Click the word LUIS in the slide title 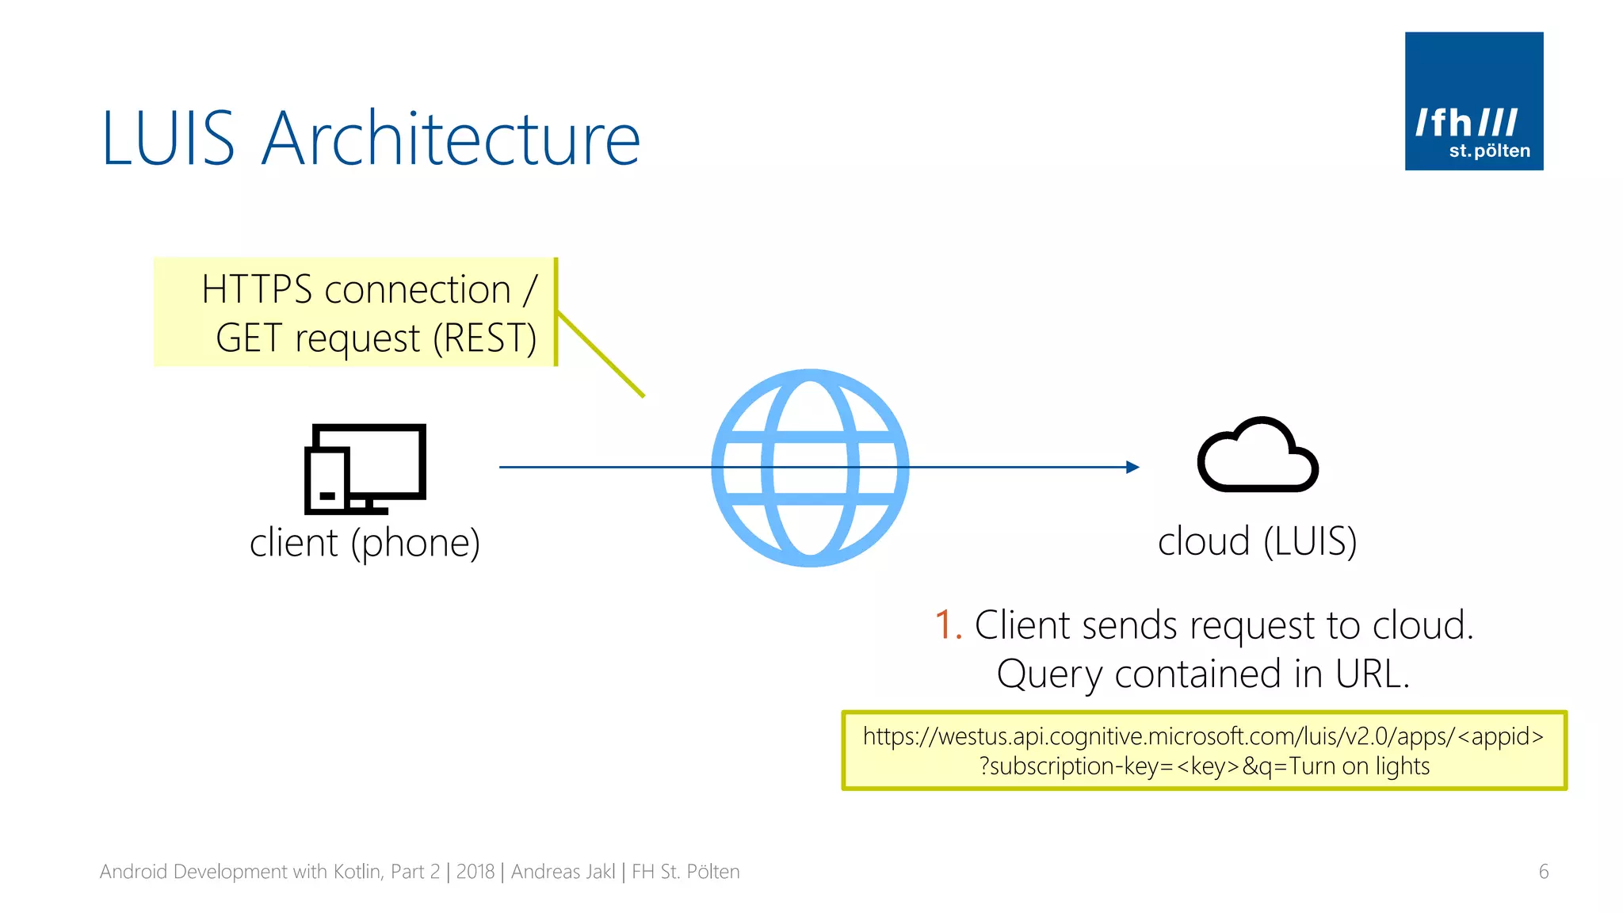point(168,139)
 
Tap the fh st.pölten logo point(1473,101)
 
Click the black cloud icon point(1257,456)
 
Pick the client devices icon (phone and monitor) point(365,468)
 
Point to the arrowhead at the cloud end point(1133,468)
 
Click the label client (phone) point(365,544)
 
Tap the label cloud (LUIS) point(1257,542)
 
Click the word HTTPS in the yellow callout point(256,289)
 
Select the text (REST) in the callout point(485,338)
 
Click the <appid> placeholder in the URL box point(1500,736)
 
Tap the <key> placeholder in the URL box point(1208,766)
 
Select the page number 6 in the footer point(1543,872)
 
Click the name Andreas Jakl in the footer point(563,872)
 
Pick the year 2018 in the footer point(475,872)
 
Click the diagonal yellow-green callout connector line point(600,353)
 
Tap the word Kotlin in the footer point(357,872)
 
